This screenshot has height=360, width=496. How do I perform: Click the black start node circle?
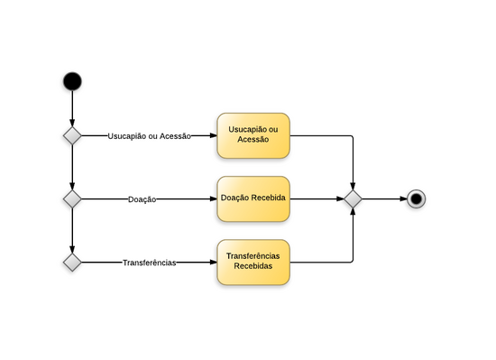(72, 81)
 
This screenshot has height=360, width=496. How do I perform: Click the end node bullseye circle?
(416, 198)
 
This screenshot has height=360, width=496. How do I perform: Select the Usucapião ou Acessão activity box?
(253, 135)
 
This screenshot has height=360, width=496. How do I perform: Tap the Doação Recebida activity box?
(253, 198)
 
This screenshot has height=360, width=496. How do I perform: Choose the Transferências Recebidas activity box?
(253, 262)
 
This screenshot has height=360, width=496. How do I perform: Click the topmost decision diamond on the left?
(72, 135)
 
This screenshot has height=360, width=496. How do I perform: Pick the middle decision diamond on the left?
(72, 198)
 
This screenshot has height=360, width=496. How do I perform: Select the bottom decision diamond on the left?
(72, 262)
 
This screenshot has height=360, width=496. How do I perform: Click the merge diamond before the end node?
(353, 198)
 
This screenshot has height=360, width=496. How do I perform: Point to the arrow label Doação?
(142, 199)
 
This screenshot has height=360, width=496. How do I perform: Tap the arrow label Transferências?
(149, 263)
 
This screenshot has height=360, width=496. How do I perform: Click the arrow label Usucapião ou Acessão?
(149, 136)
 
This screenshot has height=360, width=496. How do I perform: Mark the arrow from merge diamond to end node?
(382, 198)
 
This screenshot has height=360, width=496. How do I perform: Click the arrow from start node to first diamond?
(72, 108)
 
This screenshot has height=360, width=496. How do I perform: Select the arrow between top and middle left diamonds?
(72, 167)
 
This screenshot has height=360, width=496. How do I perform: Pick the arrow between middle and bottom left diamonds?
(72, 230)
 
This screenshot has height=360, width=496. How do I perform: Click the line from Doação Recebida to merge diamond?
(316, 198)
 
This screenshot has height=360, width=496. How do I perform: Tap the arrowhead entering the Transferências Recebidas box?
(212, 262)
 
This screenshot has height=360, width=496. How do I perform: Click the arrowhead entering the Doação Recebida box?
(212, 198)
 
